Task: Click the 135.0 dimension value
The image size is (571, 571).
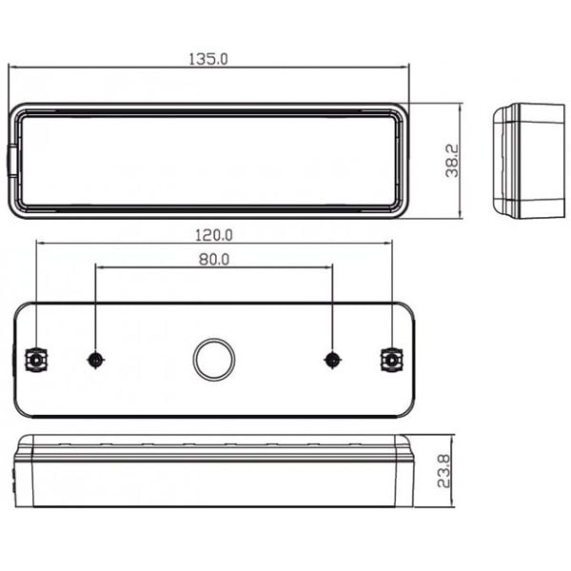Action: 209,59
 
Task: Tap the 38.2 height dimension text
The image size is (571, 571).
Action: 452,160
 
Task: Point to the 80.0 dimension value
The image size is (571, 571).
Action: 213,258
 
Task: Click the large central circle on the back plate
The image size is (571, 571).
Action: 214,360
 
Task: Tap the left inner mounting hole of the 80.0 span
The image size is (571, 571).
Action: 95,360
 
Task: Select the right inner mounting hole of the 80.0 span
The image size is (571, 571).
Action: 332,360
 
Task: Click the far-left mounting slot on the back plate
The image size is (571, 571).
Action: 35,360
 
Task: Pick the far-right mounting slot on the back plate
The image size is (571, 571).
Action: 391,360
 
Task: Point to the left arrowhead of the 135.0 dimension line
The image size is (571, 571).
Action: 13,68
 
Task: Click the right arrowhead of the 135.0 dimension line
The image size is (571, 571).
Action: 404,68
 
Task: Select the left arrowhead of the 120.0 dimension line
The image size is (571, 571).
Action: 40,242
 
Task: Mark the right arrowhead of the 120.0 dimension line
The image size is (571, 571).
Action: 387,242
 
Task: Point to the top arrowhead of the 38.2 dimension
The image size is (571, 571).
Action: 461,108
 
